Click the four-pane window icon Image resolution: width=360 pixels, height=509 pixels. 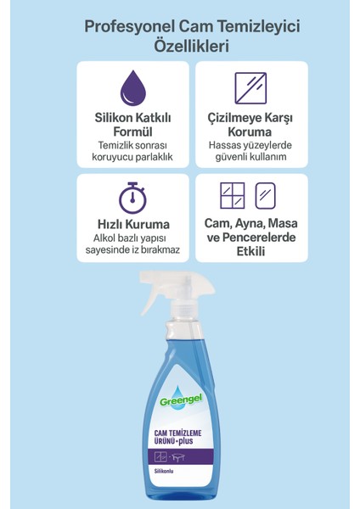232,195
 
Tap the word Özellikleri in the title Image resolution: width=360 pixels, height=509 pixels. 179,48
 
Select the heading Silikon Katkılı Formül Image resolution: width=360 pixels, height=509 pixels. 130,128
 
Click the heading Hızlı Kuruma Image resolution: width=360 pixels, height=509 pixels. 130,224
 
